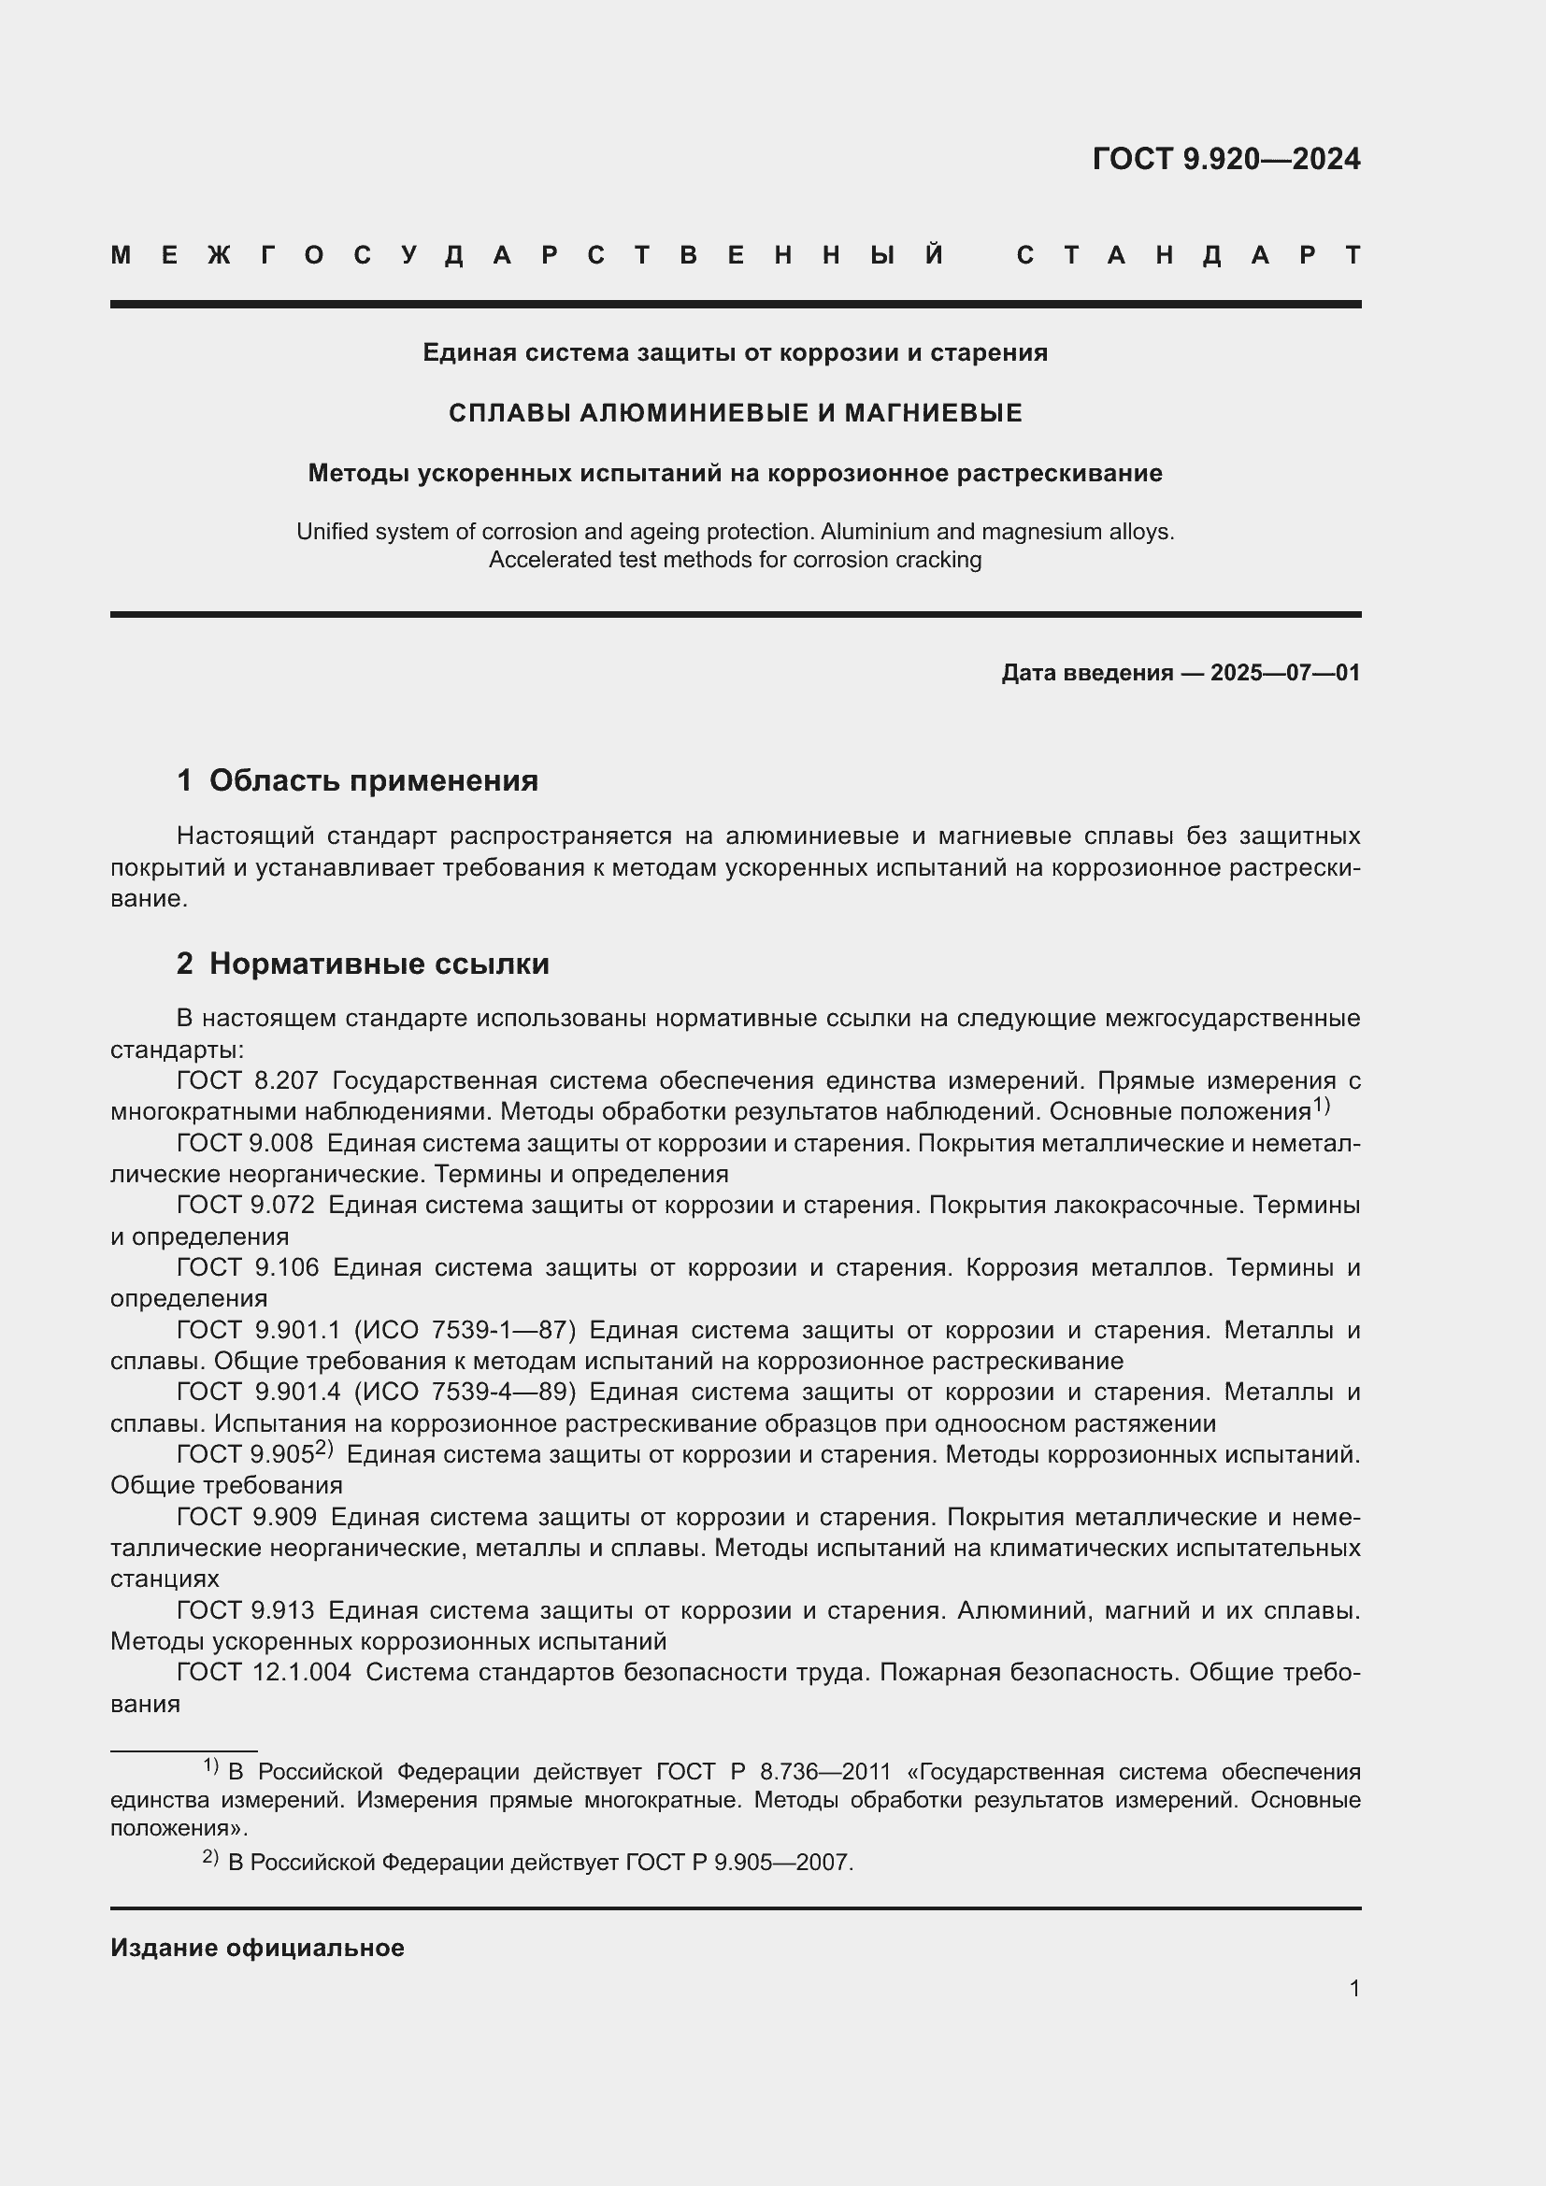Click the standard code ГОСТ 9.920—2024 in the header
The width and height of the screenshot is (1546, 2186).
point(1225,158)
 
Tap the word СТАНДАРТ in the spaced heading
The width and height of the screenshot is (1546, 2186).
point(1188,255)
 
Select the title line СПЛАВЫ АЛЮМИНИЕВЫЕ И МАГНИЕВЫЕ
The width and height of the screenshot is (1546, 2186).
point(735,412)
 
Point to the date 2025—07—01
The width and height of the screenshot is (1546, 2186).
point(1284,673)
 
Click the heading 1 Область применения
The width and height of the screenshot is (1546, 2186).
point(357,780)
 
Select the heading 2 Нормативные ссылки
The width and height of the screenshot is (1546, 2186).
point(363,964)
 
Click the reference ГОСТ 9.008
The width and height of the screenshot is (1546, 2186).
point(245,1142)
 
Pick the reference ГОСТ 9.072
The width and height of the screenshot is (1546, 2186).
point(245,1206)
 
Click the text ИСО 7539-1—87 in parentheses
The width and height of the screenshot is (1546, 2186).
point(465,1330)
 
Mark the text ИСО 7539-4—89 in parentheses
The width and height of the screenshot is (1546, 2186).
point(465,1392)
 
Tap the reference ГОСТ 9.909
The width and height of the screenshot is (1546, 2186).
point(246,1517)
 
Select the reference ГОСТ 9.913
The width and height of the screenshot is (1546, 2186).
point(245,1610)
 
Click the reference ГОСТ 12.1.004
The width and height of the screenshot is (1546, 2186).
point(263,1672)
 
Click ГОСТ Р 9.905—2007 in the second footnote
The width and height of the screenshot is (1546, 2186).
point(738,1862)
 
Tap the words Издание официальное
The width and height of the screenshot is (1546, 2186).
point(257,1948)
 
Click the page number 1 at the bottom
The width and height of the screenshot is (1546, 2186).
point(1353,1988)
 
